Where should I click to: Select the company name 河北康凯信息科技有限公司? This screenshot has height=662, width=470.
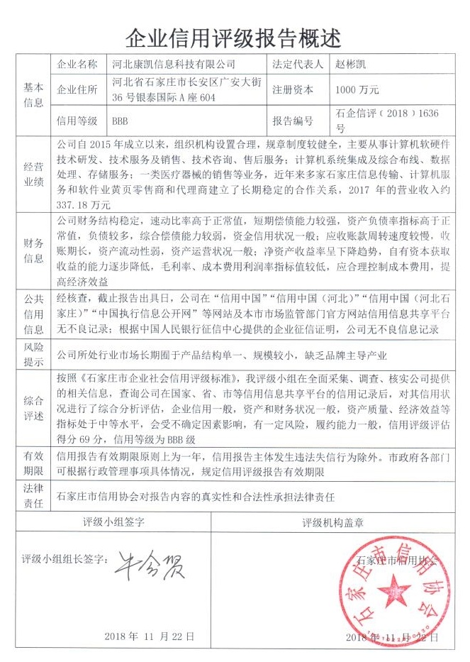tap(174, 64)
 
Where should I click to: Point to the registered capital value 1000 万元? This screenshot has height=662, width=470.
tap(359, 90)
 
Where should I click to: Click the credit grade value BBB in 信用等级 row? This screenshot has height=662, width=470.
tap(120, 121)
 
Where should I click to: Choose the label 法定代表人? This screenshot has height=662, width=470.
tap(296, 64)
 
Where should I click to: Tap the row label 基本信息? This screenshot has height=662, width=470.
tap(33, 94)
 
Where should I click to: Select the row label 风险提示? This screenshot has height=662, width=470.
tap(33, 353)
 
